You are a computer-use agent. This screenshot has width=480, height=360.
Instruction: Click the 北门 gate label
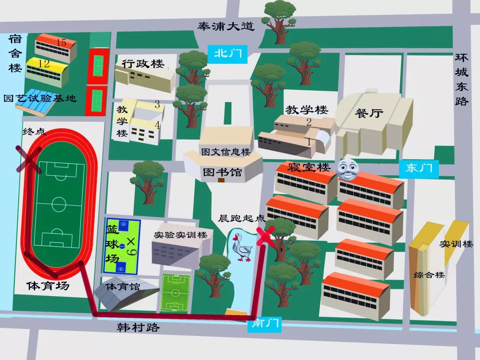click(228, 53)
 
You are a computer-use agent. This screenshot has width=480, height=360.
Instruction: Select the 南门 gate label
click(265, 324)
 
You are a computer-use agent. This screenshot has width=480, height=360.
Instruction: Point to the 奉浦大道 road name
click(226, 27)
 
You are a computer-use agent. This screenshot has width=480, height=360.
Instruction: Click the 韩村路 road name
click(138, 328)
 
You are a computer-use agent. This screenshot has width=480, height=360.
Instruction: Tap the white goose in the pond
click(242, 247)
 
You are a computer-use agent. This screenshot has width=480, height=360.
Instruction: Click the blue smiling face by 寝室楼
click(348, 169)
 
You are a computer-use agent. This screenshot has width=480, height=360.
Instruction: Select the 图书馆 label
click(222, 172)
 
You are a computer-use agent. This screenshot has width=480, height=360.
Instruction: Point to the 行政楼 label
click(143, 64)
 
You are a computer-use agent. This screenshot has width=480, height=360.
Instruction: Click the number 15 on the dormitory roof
click(61, 43)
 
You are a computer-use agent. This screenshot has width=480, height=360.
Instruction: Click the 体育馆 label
click(123, 287)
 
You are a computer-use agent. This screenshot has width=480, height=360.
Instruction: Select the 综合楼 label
click(429, 275)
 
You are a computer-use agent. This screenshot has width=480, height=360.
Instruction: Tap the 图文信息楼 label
click(226, 152)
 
